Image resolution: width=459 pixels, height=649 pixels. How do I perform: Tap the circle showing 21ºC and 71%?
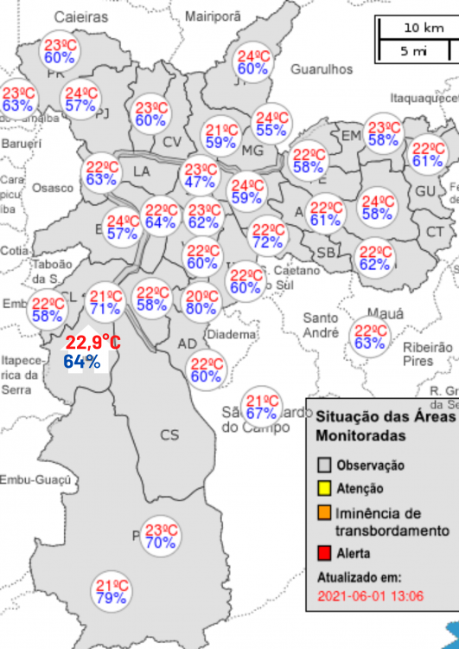click(105, 301)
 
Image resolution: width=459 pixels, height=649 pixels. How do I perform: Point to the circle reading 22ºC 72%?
click(268, 235)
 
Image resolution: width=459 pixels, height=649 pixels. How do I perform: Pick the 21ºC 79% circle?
click(112, 592)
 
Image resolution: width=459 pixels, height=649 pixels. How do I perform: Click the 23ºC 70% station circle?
click(161, 537)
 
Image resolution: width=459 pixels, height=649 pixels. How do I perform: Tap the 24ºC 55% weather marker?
click(271, 124)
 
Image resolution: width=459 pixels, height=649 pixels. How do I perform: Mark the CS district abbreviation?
click(169, 434)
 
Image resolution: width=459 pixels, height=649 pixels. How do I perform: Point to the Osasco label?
click(53, 188)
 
